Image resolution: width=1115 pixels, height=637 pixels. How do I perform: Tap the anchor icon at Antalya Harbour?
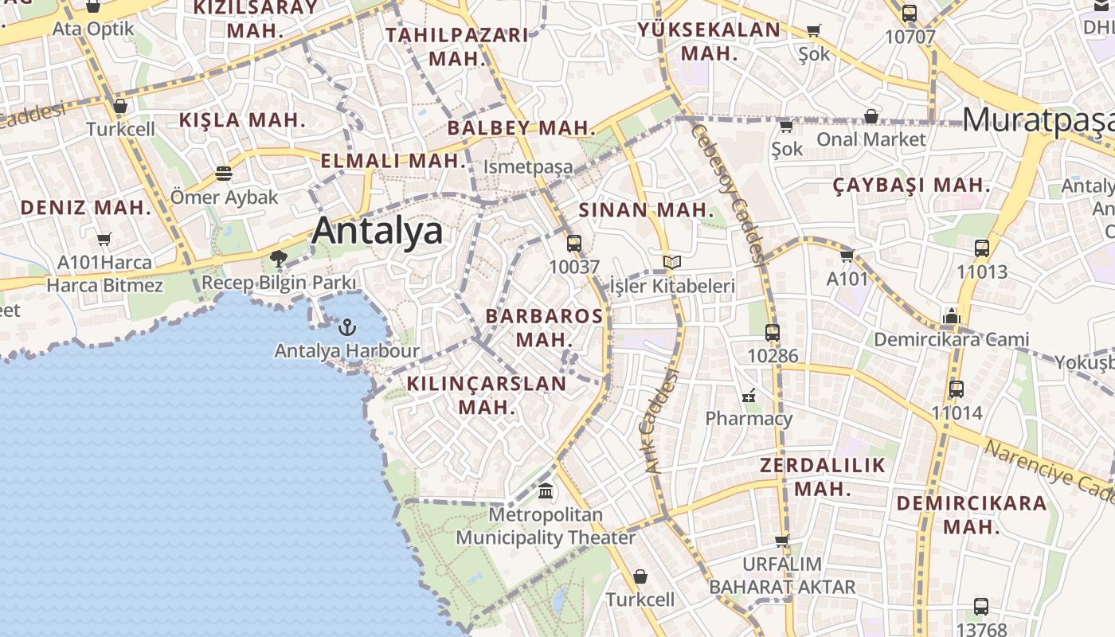[x=346, y=326]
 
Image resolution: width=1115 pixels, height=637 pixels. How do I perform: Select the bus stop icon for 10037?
[x=573, y=244]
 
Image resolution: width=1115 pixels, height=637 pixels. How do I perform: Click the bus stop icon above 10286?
[x=772, y=333]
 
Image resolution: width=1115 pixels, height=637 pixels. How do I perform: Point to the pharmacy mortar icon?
[x=749, y=395]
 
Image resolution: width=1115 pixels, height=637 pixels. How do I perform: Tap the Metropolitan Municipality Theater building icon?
[x=546, y=491]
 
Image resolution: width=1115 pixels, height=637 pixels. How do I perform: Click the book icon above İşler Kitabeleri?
[x=672, y=262]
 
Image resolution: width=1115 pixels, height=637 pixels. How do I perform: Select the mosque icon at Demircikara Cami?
[x=951, y=317]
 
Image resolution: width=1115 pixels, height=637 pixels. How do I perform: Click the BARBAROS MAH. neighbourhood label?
[x=545, y=327]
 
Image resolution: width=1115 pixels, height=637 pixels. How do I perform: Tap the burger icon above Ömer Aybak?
[x=224, y=174]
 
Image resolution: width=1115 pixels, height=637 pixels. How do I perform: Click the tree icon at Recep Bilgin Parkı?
[x=278, y=259]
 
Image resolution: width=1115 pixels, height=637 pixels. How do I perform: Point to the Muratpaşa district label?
[x=1038, y=120]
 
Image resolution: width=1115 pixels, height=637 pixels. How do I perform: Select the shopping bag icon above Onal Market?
[x=871, y=117]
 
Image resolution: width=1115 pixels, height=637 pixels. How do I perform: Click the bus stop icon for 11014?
[x=957, y=389]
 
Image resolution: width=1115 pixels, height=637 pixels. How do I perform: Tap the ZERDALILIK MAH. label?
[x=823, y=476]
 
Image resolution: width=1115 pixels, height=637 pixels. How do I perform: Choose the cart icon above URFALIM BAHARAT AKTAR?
[x=781, y=541]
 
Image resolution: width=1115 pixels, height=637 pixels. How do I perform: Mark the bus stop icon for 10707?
[x=910, y=14]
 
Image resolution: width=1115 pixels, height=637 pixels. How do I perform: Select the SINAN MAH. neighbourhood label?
[x=647, y=210]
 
